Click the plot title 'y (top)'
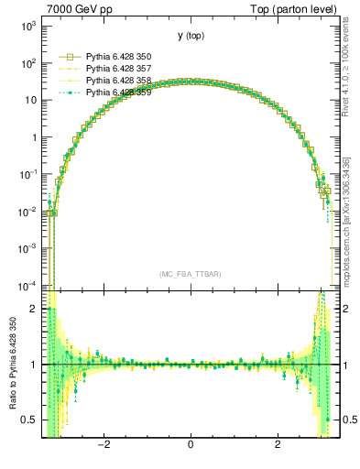190,36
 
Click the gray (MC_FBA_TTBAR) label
190,274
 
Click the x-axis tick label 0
191,446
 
